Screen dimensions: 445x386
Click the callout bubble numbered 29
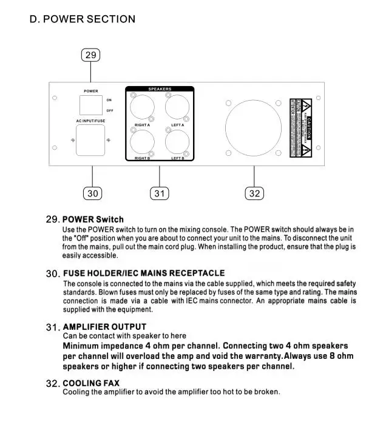pyautogui.click(x=90, y=55)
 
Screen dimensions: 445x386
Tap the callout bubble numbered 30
pyautogui.click(x=92, y=193)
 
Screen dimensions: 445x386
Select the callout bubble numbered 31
pyautogui.click(x=159, y=193)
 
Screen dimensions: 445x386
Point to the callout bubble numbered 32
pyautogui.click(x=254, y=193)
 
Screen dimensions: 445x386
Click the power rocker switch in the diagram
pyautogui.click(x=91, y=105)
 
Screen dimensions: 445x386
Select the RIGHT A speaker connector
pyautogui.click(x=142, y=110)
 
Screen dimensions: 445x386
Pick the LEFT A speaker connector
pyautogui.click(x=178, y=110)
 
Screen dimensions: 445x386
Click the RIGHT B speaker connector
pyautogui.click(x=142, y=143)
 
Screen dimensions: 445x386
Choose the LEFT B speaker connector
pyautogui.click(x=178, y=143)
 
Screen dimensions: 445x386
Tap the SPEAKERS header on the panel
pyautogui.click(x=160, y=89)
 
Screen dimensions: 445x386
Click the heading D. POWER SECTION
pyautogui.click(x=83, y=19)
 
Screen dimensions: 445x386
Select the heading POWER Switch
pyautogui.click(x=93, y=219)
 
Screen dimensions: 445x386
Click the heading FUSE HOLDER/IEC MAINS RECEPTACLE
pyautogui.click(x=144, y=273)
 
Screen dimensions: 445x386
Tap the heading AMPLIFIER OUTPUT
pyautogui.click(x=104, y=327)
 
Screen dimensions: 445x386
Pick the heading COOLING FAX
pyautogui.click(x=91, y=383)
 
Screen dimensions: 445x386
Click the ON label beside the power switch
pyautogui.click(x=109, y=100)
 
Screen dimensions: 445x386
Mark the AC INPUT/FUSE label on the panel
pyautogui.click(x=90, y=121)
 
